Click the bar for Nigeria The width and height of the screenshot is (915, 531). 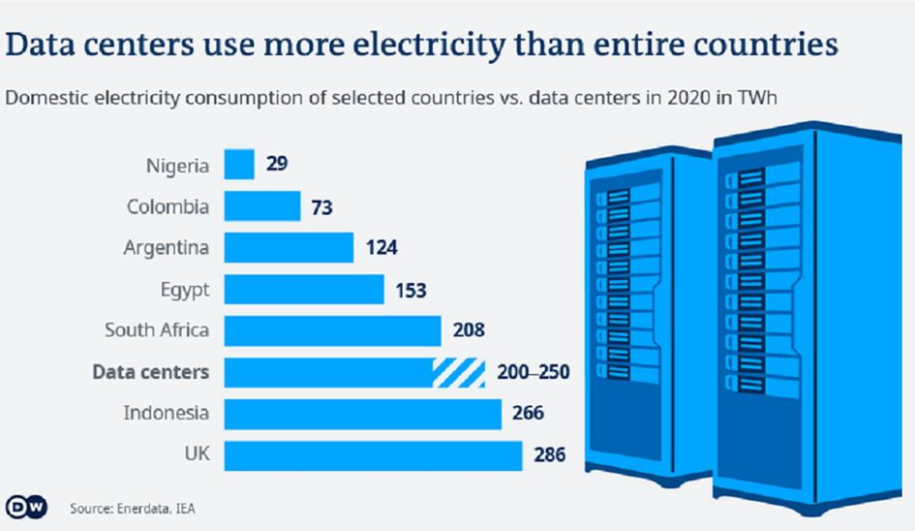pos(239,165)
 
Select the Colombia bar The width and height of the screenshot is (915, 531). pos(262,206)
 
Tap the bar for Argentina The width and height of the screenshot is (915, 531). pos(289,248)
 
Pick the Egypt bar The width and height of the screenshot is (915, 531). pos(304,289)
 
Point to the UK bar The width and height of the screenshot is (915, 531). pos(373,454)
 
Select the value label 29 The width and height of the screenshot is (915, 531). pos(277,165)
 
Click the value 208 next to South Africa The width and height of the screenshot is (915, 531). pos(469,330)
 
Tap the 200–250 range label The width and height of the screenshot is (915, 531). pos(533,372)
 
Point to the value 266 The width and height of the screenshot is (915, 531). pos(527,414)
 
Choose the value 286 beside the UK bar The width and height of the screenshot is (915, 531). pos(547,454)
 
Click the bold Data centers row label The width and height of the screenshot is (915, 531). pos(150,372)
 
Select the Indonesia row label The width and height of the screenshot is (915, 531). pos(166,414)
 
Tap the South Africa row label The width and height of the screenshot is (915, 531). pos(157,330)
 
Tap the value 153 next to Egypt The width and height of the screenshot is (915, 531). pos(411,289)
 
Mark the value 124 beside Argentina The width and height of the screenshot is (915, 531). pos(381,248)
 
